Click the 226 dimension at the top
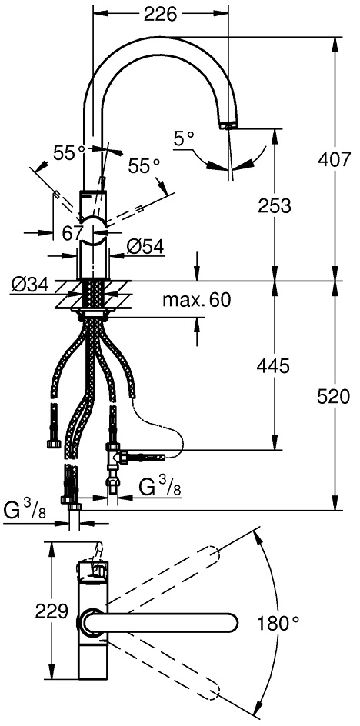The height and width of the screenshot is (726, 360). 160,15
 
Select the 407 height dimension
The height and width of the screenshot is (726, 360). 334,159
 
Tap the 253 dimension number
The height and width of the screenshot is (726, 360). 275,205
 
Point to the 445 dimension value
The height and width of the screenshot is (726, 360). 272,366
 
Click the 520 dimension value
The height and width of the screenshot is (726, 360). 334,397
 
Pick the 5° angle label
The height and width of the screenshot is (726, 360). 184,138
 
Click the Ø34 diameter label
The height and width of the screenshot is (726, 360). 30,285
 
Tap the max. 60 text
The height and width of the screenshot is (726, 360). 196,301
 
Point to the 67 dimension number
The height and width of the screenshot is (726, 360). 72,234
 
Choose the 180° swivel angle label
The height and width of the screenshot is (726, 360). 278,624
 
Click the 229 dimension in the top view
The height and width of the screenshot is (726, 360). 52,611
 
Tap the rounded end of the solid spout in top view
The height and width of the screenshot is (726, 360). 231,623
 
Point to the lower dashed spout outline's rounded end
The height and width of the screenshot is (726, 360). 211,691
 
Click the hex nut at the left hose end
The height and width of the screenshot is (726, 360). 53,444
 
